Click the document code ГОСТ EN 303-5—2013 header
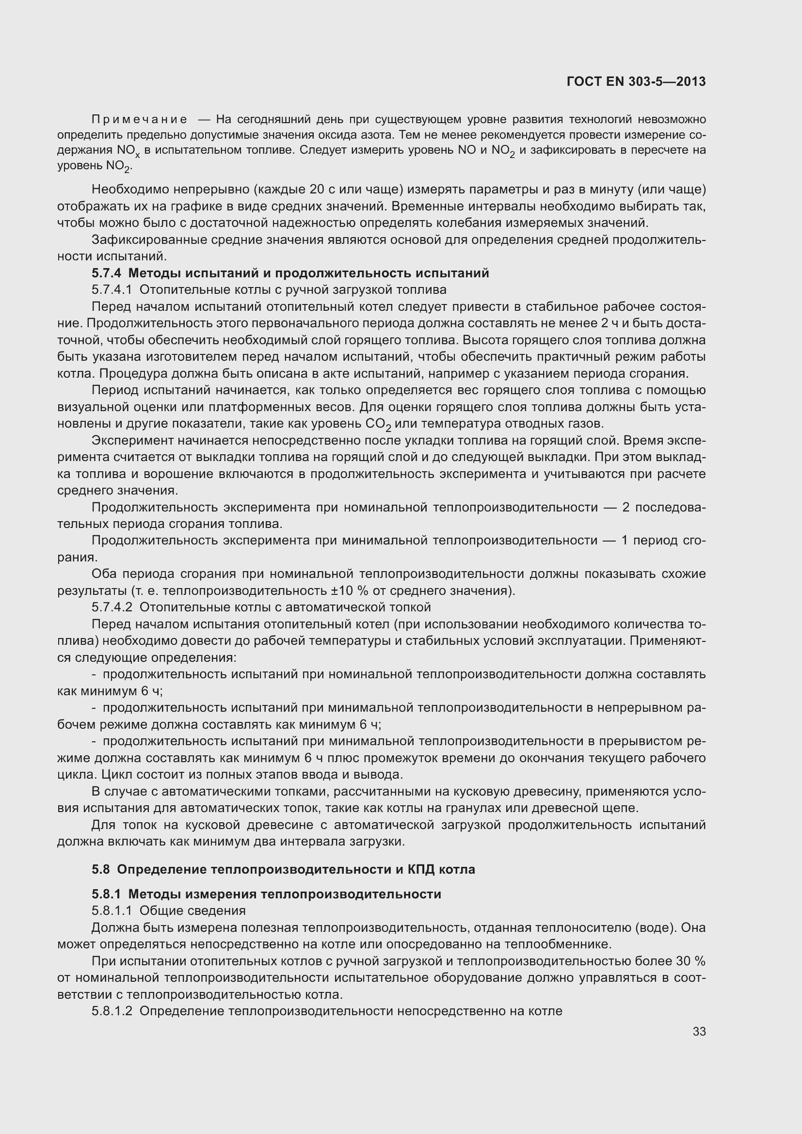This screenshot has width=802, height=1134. [636, 82]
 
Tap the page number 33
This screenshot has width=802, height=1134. [699, 1032]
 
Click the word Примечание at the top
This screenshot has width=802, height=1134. [139, 120]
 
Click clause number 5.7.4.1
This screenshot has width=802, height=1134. [112, 289]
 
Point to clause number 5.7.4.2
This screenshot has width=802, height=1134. [112, 607]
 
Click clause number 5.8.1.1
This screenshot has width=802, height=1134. [112, 910]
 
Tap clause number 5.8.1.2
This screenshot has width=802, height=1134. [112, 1011]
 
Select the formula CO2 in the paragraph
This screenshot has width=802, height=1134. [378, 424]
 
